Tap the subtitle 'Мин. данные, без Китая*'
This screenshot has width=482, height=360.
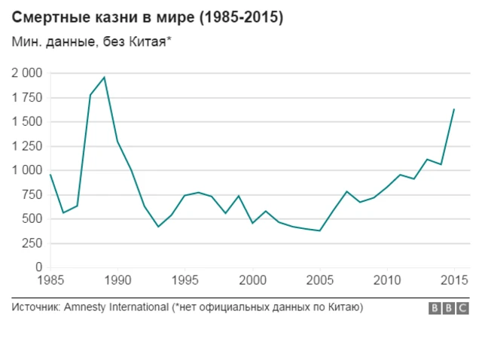91,43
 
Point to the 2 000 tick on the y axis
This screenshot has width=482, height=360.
27,73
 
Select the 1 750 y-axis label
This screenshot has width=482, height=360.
27,98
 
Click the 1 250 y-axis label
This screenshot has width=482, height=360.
27,146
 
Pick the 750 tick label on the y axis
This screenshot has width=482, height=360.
32,195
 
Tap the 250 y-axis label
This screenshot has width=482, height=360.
32,243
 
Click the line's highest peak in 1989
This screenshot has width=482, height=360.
105,77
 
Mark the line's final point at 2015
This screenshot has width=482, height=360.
454,109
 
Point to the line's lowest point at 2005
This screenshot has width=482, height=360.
319,230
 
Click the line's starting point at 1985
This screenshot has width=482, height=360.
50,175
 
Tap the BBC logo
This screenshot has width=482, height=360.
449,308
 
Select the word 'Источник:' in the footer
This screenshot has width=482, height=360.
36,307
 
